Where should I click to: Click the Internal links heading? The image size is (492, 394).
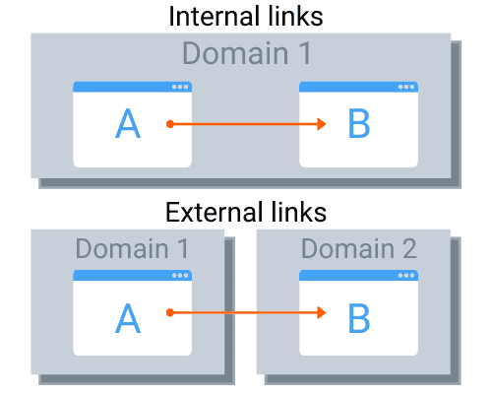coord(246,17)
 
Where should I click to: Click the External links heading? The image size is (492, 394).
coord(246,212)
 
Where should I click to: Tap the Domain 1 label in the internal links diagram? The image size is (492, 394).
coord(246,54)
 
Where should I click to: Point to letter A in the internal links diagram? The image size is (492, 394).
coord(128,124)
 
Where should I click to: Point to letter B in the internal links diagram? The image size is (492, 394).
coord(359,124)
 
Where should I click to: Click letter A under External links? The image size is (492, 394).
coord(128,316)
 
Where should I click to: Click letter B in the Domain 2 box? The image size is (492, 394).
coord(359,316)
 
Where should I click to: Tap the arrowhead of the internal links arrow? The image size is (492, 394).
coord(321,124)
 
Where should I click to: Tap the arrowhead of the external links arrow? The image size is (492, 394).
coord(321,313)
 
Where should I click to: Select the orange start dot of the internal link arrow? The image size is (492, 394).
coord(170,124)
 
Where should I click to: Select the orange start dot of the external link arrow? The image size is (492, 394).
coord(170,313)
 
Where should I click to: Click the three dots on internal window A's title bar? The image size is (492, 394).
coord(180,87)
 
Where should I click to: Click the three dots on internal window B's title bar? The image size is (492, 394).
coord(406,87)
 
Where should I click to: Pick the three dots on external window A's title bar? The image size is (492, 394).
coord(180,276)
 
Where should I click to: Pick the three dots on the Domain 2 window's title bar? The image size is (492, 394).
coord(406,276)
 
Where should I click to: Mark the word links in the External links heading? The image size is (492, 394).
coord(293,212)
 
